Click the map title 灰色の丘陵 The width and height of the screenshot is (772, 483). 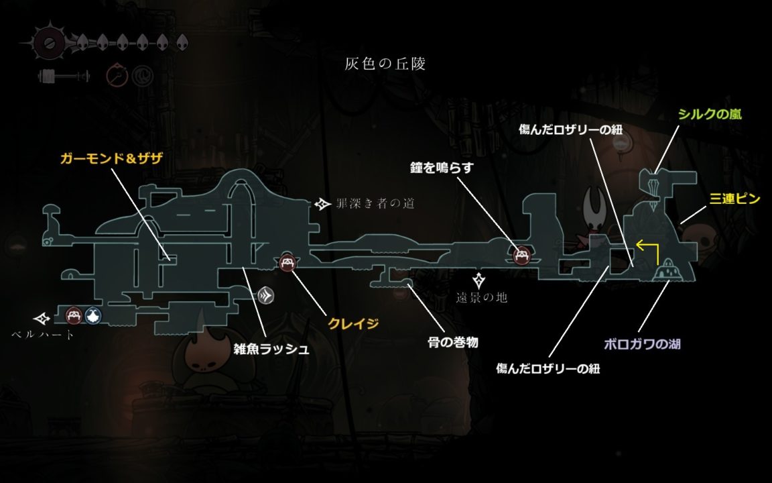click(385, 64)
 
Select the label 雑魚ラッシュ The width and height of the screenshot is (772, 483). click(271, 349)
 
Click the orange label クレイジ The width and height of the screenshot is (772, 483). click(353, 324)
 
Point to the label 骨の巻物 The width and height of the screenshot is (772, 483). click(453, 342)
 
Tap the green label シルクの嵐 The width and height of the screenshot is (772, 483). click(708, 115)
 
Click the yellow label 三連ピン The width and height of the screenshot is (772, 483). click(735, 199)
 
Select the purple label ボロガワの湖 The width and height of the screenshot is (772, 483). click(642, 345)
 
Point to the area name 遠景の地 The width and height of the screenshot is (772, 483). click(482, 297)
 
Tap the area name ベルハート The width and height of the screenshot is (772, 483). click(44, 334)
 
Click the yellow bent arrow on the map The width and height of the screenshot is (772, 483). click(648, 251)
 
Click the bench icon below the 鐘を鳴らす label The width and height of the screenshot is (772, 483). click(522, 255)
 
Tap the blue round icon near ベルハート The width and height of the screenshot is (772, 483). click(92, 315)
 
